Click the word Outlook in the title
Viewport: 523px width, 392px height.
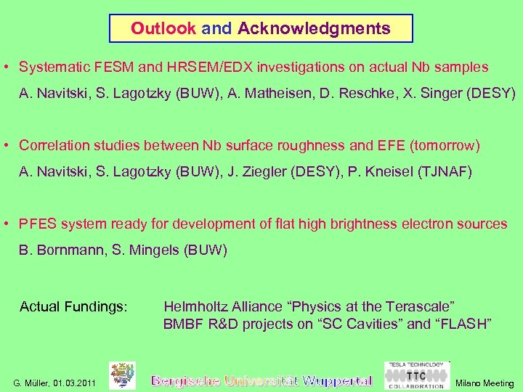click(163, 29)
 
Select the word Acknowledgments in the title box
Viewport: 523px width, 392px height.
click(314, 29)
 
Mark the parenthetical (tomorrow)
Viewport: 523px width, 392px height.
click(445, 145)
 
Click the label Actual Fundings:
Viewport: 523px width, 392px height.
click(73, 307)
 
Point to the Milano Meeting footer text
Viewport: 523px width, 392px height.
click(484, 383)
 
